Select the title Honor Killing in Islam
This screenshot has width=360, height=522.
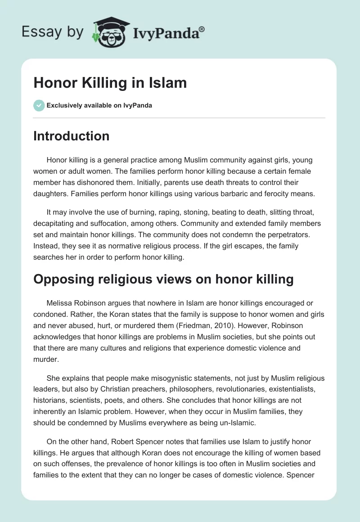(110, 83)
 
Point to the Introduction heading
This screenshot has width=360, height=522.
(71, 136)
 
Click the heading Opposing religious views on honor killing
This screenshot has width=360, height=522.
(163, 279)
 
